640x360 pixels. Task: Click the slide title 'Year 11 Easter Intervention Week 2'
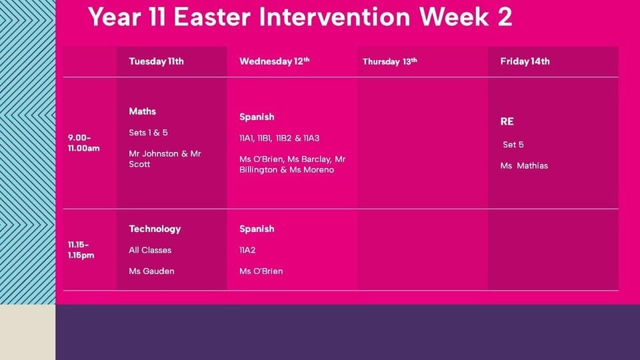pyautogui.click(x=300, y=17)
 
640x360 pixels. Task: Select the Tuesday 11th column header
pyautogui.click(x=156, y=61)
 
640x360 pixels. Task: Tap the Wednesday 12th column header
pyautogui.click(x=274, y=61)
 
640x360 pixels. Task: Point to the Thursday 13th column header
pyautogui.click(x=390, y=61)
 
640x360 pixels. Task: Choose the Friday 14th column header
pyautogui.click(x=525, y=61)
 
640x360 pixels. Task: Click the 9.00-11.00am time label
pyautogui.click(x=84, y=143)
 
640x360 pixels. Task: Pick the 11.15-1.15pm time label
pyautogui.click(x=81, y=250)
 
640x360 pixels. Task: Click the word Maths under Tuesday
pyautogui.click(x=143, y=111)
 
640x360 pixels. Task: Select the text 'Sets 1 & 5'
pyautogui.click(x=148, y=133)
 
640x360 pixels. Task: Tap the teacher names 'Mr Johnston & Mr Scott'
pyautogui.click(x=165, y=159)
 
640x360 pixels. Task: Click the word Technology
pyautogui.click(x=155, y=229)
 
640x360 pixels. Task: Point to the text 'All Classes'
pyautogui.click(x=150, y=250)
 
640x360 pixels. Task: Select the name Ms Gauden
pyautogui.click(x=151, y=271)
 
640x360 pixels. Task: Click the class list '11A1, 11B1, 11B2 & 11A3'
pyautogui.click(x=279, y=138)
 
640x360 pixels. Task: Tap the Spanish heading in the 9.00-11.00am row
pyautogui.click(x=257, y=117)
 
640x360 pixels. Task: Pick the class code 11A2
pyautogui.click(x=247, y=250)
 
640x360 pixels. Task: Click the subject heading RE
pyautogui.click(x=507, y=121)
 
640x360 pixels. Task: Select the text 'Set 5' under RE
pyautogui.click(x=513, y=145)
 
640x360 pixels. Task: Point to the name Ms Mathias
pyautogui.click(x=524, y=166)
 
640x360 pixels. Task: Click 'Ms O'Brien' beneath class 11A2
pyautogui.click(x=261, y=271)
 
